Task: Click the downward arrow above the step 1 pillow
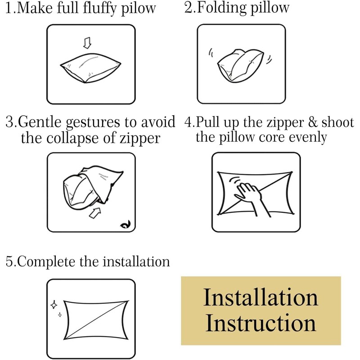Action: tap(87, 43)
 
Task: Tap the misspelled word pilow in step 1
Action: tap(139, 9)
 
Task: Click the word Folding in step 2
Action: tap(221, 8)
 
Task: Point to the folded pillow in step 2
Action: tap(240, 65)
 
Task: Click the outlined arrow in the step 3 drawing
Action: tap(95, 213)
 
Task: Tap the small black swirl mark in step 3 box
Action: tap(126, 225)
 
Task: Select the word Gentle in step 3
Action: tap(40, 121)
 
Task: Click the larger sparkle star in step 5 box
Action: tap(54, 305)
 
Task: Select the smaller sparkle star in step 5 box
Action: tap(60, 315)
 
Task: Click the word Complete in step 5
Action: tap(46, 262)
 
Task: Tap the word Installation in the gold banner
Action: tap(261, 297)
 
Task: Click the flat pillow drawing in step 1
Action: tap(90, 68)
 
